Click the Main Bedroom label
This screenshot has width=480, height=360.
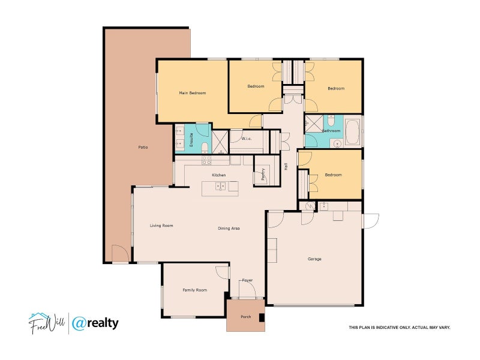193,93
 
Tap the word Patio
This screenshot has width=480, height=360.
143,147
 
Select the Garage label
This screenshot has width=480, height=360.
314,259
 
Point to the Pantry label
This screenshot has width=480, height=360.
263,175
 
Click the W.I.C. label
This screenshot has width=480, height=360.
246,139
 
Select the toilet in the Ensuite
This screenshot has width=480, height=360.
204,146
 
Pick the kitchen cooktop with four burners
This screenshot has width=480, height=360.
206,160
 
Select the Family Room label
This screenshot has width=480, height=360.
194,290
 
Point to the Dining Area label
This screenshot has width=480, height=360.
229,229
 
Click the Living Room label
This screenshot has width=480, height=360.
161,226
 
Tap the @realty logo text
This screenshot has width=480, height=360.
95,323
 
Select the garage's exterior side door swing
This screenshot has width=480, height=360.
370,220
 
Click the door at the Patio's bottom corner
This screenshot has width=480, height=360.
120,254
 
